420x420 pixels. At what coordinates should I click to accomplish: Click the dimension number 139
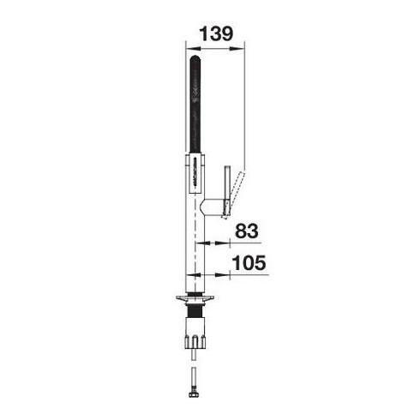coord(216,33)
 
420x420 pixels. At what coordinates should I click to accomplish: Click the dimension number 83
coord(247,231)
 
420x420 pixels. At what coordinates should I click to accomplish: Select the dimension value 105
coord(249,262)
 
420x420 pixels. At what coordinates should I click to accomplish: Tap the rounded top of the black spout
coord(195,58)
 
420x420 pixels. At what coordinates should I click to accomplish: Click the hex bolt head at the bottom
coord(194,394)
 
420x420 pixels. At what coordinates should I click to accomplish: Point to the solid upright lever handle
coord(227,190)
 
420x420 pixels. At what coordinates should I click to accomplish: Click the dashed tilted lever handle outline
coord(233,195)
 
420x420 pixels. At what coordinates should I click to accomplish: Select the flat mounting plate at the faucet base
coord(195,298)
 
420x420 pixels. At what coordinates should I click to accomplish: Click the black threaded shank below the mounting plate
coord(195,310)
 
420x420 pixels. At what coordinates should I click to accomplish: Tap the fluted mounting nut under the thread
coord(195,333)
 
